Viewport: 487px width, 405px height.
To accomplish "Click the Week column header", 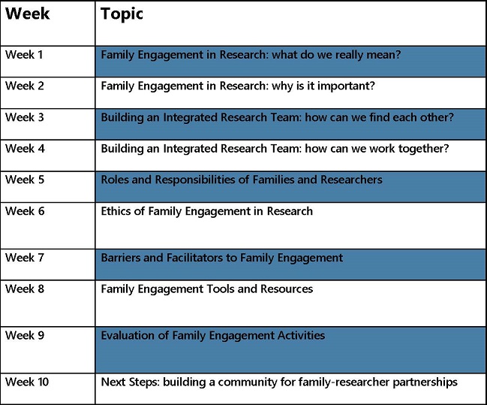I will click(27, 14).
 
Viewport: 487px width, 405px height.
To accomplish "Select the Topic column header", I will click(122, 14).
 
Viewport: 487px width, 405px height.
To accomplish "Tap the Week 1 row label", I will click(25, 55).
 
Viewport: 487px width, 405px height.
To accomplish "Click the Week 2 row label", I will click(25, 86).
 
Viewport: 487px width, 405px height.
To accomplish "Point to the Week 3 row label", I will click(25, 118).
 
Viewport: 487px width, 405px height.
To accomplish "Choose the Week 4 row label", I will click(25, 149).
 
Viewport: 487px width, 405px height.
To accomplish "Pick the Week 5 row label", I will click(25, 180).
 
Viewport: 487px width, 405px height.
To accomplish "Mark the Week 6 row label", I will click(25, 212).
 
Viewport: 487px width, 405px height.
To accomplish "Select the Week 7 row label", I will click(25, 258).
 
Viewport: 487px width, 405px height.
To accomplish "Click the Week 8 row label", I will click(25, 289).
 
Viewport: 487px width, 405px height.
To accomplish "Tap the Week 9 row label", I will click(25, 336).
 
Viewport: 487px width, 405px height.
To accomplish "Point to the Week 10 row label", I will click(27, 382).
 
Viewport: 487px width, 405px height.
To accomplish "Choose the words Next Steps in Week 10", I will click(128, 382).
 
